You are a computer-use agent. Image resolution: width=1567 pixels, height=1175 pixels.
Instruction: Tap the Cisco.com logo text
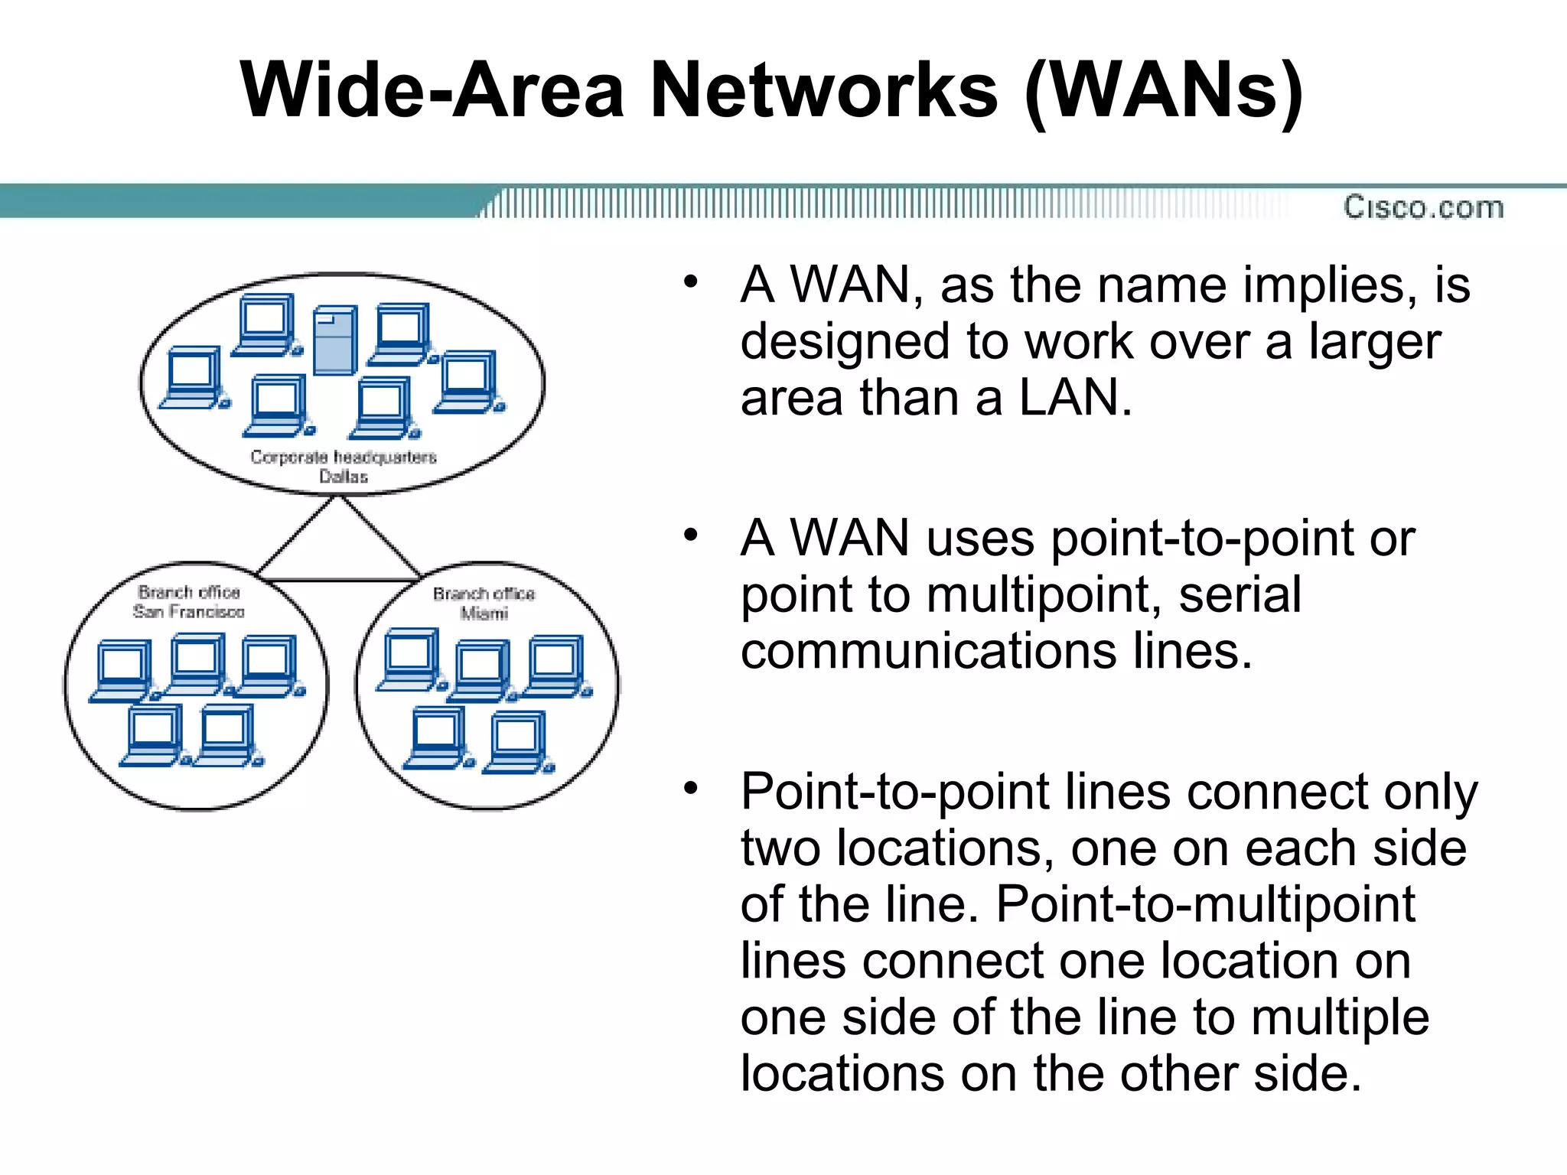[x=1423, y=207]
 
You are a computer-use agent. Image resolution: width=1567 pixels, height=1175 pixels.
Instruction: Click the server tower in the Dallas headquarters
[x=335, y=340]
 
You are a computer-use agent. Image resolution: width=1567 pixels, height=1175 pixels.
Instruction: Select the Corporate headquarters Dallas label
[x=344, y=466]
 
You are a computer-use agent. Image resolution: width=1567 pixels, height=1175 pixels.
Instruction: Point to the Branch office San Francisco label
[x=189, y=601]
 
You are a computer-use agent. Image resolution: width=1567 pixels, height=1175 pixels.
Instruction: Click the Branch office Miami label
[x=484, y=603]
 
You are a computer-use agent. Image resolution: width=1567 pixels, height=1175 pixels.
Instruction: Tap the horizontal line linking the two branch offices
[x=340, y=580]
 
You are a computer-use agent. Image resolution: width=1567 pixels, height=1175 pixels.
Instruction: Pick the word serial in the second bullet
[x=1240, y=594]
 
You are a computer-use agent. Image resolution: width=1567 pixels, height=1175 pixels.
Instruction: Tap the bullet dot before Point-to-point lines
[x=691, y=787]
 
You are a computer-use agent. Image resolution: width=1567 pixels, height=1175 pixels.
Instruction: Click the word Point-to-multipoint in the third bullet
[x=1205, y=904]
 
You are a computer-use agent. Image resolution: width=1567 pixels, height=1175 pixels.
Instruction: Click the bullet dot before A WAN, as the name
[x=691, y=282]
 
